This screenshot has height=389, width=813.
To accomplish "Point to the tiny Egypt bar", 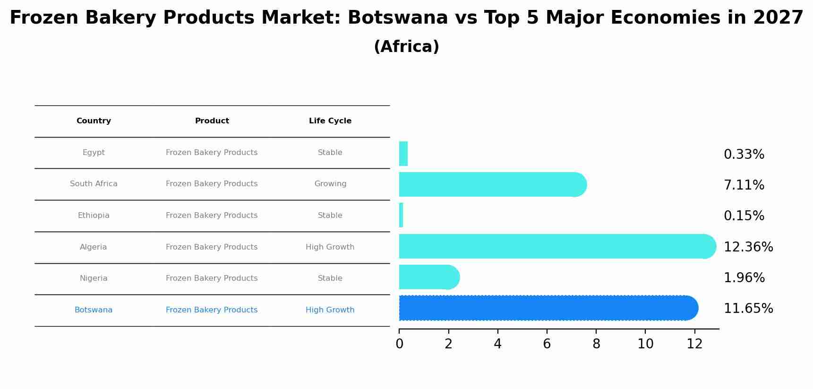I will click(x=403, y=154).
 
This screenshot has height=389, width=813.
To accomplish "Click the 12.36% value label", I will click(x=748, y=247).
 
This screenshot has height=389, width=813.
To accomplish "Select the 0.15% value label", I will click(x=744, y=216).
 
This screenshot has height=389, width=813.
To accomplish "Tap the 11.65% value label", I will click(x=748, y=309).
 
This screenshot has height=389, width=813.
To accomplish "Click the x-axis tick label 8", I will click(x=596, y=344).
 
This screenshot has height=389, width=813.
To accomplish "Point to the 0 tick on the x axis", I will click(x=399, y=344).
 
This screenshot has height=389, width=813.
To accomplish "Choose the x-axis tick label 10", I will click(x=645, y=344).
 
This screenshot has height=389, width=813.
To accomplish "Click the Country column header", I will click(x=94, y=121).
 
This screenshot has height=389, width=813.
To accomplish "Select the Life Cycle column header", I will click(x=330, y=121).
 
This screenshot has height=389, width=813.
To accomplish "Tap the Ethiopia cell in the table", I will click(x=94, y=216).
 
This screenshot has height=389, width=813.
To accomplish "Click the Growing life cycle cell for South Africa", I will click(x=330, y=184).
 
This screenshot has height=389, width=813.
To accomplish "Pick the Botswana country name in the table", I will click(x=94, y=310).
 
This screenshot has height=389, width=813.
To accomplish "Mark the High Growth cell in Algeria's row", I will click(x=330, y=247).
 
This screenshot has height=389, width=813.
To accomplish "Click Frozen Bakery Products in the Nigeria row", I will click(x=212, y=278).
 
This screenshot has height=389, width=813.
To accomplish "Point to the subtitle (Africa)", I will click(x=406, y=47).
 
